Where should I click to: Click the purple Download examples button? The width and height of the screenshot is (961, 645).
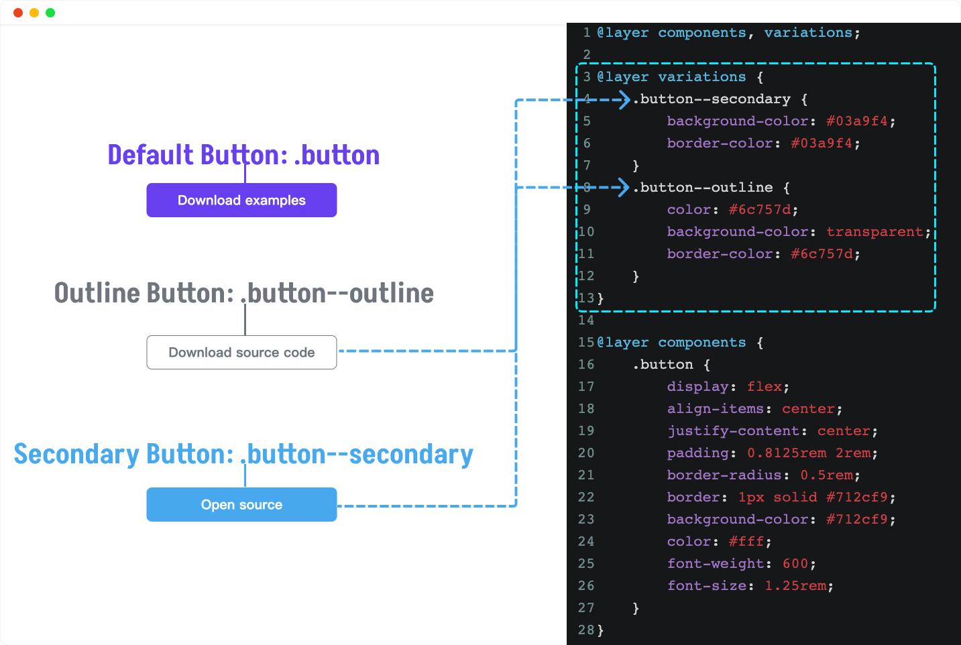pyautogui.click(x=241, y=200)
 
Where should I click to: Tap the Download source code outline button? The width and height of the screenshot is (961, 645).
pyautogui.click(x=241, y=352)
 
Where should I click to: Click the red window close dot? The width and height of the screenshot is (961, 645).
pyautogui.click(x=18, y=13)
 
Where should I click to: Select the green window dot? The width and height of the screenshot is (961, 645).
pyautogui.click(x=50, y=13)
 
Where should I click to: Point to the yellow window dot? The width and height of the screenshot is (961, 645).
pyautogui.click(x=34, y=13)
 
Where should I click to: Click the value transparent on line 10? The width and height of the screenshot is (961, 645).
pyautogui.click(x=874, y=231)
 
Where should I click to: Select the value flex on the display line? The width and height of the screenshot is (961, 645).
pyautogui.click(x=764, y=386)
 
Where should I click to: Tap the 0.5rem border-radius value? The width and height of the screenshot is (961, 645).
pyautogui.click(x=826, y=475)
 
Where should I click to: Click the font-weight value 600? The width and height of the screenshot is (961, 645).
pyautogui.click(x=795, y=563)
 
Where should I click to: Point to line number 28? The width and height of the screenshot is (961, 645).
pyautogui.click(x=586, y=630)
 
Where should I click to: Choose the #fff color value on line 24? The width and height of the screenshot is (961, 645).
pyautogui.click(x=746, y=541)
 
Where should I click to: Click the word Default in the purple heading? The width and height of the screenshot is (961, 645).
pyautogui.click(x=151, y=155)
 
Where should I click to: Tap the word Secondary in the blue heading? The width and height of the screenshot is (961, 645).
pyautogui.click(x=77, y=455)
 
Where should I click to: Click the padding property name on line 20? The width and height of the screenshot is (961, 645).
pyautogui.click(x=697, y=453)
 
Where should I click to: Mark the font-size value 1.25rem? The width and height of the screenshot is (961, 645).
pyautogui.click(x=795, y=585)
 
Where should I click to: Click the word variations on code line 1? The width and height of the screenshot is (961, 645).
pyautogui.click(x=808, y=33)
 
